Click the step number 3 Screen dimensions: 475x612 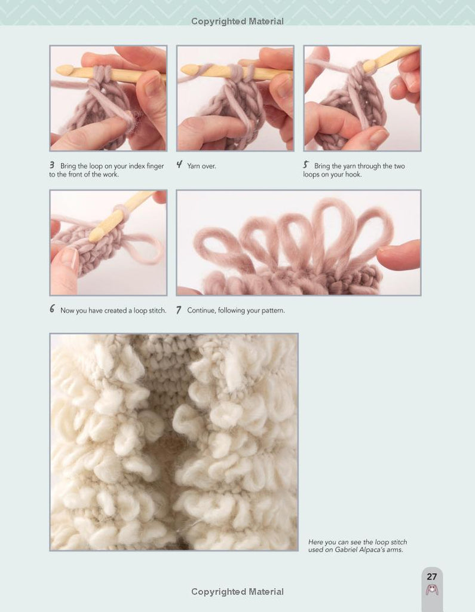[x=52, y=165]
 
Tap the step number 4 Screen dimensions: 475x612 [x=179, y=165]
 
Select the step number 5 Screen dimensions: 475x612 [x=306, y=165]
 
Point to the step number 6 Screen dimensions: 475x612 [x=52, y=309]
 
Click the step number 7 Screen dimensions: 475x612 [x=179, y=310]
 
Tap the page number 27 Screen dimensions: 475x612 [x=431, y=577]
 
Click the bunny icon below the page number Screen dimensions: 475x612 [x=432, y=590]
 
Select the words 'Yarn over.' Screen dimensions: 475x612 [x=201, y=166]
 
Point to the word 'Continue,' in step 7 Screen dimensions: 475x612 [x=201, y=311]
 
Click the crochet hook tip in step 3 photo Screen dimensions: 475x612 [x=63, y=71]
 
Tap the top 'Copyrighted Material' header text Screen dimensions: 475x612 [x=237, y=22]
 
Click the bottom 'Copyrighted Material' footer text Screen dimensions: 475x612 [x=237, y=592]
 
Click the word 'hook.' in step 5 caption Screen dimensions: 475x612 [x=353, y=175]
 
